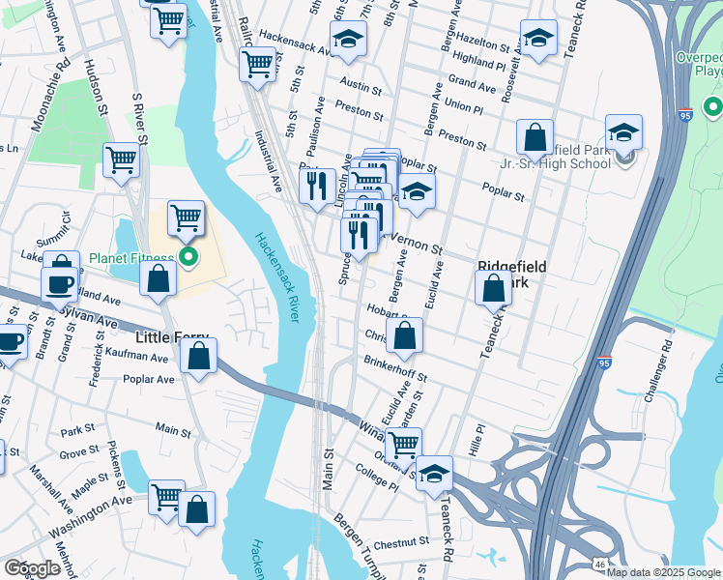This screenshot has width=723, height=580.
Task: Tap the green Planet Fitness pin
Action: (x=189, y=257)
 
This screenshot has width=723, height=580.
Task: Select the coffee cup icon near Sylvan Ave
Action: (x=59, y=282)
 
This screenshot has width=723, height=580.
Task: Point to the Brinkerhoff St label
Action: (x=395, y=368)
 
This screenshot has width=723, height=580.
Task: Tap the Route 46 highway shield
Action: (x=600, y=563)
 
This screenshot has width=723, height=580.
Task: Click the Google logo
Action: (x=32, y=568)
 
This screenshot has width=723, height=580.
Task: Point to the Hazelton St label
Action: (x=483, y=45)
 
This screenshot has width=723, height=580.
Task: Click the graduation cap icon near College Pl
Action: (x=435, y=474)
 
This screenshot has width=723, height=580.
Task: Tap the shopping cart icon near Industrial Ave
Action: (x=257, y=64)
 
